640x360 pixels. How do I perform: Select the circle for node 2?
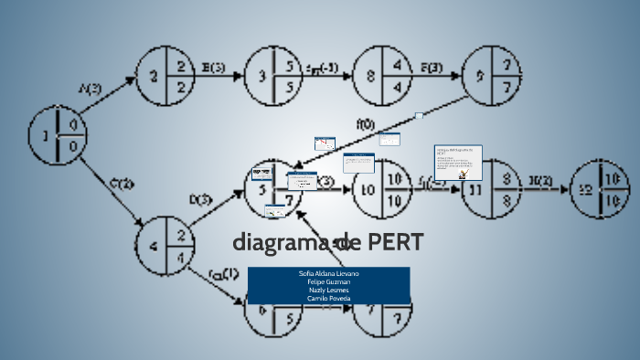165,78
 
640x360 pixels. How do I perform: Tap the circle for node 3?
273,78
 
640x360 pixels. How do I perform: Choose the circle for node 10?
381,189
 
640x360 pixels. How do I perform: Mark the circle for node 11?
489,189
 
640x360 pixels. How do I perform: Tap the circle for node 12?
599,189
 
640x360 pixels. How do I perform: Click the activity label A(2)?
91,88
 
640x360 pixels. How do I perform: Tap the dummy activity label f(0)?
365,123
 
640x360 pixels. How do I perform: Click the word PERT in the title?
396,243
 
